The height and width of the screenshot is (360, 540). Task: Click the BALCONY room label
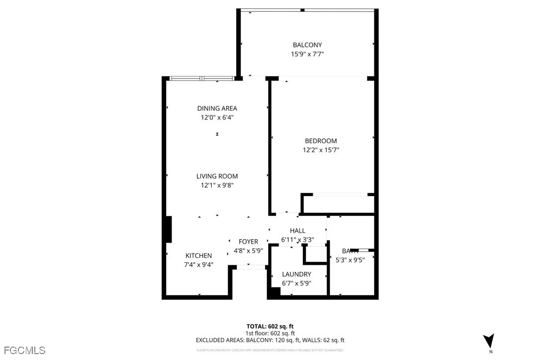click(x=307, y=45)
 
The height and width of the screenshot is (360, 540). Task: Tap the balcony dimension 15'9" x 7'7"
click(x=307, y=54)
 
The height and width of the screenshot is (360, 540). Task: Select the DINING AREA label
click(x=217, y=108)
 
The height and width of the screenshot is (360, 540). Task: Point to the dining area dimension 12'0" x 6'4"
click(x=217, y=118)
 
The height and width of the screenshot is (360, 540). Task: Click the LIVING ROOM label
click(x=217, y=176)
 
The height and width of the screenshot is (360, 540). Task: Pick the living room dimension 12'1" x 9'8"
click(x=217, y=185)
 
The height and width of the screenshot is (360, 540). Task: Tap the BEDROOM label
click(x=321, y=141)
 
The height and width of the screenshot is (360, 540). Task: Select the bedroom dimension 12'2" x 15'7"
click(x=321, y=150)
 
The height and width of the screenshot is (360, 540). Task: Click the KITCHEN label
click(x=198, y=256)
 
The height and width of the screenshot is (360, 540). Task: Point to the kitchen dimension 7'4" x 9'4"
click(x=198, y=265)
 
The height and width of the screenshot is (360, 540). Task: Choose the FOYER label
click(x=248, y=242)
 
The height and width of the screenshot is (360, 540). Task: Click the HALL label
click(x=297, y=231)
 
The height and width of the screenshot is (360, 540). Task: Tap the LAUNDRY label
click(x=296, y=274)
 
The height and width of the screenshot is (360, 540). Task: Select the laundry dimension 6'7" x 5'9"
click(x=296, y=283)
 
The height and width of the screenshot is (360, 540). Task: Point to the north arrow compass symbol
click(x=489, y=341)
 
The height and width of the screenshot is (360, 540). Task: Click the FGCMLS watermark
click(x=23, y=351)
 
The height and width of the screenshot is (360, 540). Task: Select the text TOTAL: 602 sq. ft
click(x=270, y=326)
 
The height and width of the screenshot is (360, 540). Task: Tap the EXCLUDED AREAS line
click(x=270, y=340)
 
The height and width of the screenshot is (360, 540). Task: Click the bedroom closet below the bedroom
click(x=338, y=204)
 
